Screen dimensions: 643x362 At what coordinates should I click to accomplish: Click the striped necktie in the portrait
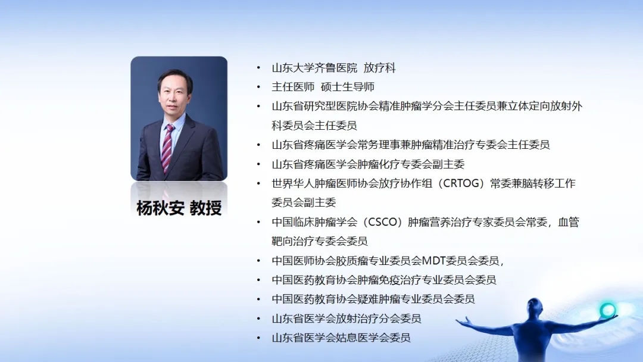pyautogui.click(x=167, y=148)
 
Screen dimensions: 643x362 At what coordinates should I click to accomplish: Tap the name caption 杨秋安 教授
pyautogui.click(x=179, y=208)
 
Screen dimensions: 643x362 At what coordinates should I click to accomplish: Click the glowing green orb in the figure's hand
pyautogui.click(x=607, y=310)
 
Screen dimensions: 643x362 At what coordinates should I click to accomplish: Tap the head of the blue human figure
pyautogui.click(x=535, y=307)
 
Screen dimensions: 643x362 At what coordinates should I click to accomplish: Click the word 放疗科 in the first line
pyautogui.click(x=379, y=68)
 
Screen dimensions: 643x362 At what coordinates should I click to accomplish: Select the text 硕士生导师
pyautogui.click(x=347, y=87)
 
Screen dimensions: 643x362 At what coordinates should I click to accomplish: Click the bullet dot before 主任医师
pyautogui.click(x=258, y=87)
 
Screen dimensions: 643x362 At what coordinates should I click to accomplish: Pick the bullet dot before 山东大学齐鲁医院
pyautogui.click(x=258, y=68)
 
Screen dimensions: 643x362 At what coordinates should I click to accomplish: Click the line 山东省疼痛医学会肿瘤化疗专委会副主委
pyautogui.click(x=368, y=164)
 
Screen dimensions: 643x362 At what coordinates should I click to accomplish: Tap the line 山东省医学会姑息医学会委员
pyautogui.click(x=341, y=338)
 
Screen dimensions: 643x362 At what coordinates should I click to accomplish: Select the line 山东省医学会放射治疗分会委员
pyautogui.click(x=346, y=319)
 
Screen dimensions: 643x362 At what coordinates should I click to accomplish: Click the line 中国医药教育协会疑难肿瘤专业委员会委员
pyautogui.click(x=373, y=299)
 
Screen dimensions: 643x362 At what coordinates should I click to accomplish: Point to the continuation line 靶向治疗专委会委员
pyautogui.click(x=320, y=241)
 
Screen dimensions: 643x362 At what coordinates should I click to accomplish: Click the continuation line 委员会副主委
pyautogui.click(x=304, y=202)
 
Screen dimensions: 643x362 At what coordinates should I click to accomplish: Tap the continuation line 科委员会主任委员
pyautogui.click(x=314, y=126)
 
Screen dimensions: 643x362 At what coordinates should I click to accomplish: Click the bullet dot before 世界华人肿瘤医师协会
pyautogui.click(x=258, y=183)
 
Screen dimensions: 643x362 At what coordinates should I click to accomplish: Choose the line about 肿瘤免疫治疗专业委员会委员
pyautogui.click(x=384, y=280)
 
